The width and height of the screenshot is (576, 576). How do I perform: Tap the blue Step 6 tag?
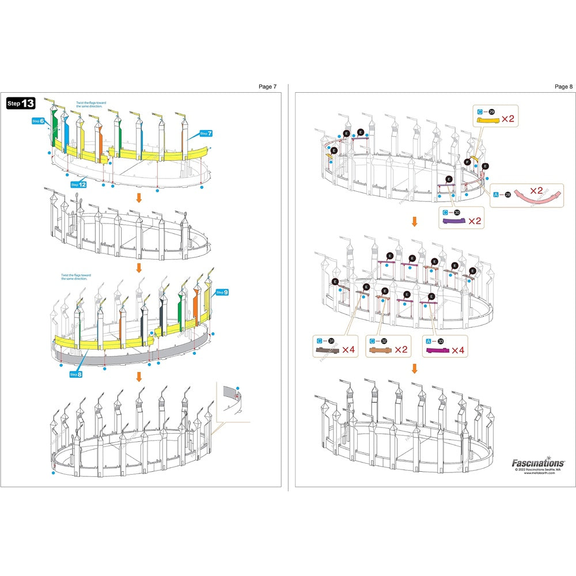click(x=39, y=122)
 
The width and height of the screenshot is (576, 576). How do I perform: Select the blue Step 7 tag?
click(x=206, y=134)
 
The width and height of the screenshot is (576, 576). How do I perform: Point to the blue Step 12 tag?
click(x=78, y=184)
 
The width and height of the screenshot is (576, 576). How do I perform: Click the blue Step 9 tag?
click(x=222, y=293)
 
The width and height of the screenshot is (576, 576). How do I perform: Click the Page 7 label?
click(x=267, y=86)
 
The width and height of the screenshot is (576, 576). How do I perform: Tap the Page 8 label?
click(x=563, y=86)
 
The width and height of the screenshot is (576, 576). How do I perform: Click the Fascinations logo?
click(x=538, y=463)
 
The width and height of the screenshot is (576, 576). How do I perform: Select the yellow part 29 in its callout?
click(x=487, y=120)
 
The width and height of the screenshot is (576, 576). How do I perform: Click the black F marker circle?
click(x=467, y=162)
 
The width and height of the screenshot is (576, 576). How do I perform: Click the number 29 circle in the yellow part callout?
click(x=491, y=111)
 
